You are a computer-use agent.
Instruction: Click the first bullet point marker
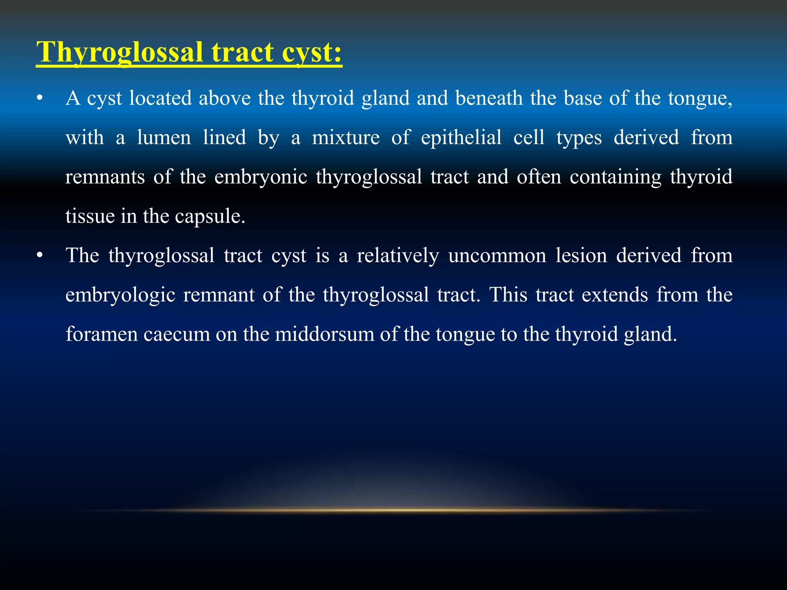[39, 99]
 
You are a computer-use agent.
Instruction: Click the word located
[160, 98]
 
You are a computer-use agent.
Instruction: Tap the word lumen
[164, 138]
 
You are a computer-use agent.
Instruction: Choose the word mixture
[345, 138]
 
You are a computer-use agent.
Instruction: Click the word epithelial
[461, 138]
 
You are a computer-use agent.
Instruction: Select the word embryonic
[261, 177]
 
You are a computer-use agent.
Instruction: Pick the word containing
[615, 177]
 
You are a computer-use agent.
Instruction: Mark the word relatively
[398, 256]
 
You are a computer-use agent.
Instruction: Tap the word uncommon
[497, 256]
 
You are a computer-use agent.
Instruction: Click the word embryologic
[120, 295]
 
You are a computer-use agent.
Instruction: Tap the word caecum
[177, 334]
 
